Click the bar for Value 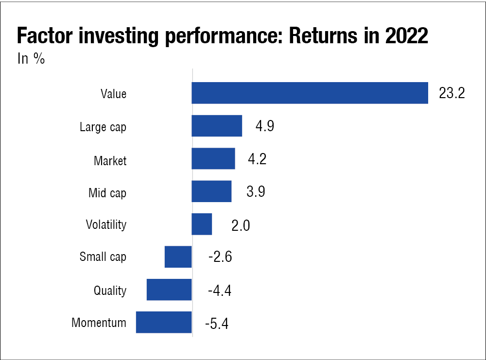310,93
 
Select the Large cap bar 217,126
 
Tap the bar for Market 213,158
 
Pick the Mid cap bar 211,191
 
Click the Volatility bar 202,224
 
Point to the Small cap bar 178,257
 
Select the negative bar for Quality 169,290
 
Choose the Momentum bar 164,322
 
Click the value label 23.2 452,93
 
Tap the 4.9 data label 265,126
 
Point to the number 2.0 241,225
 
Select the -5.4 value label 217,324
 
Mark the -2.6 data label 220,257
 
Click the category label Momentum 99,323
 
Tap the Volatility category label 106,225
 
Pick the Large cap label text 103,127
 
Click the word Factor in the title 45,35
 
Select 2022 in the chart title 407,35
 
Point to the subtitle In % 31,59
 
